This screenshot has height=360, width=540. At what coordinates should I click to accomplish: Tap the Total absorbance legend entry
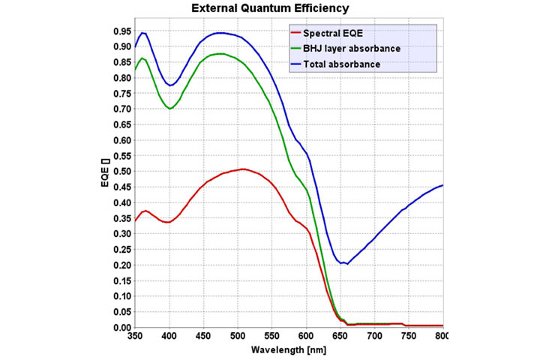(x=340, y=64)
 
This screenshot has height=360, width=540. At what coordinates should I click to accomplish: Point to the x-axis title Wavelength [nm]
(x=288, y=350)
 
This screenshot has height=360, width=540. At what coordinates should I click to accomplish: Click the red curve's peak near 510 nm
(x=244, y=169)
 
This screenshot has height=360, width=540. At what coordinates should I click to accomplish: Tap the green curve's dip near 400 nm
(x=170, y=108)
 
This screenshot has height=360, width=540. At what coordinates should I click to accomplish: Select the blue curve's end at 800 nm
(x=442, y=185)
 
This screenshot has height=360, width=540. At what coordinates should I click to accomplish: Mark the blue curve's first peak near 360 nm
(x=142, y=32)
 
